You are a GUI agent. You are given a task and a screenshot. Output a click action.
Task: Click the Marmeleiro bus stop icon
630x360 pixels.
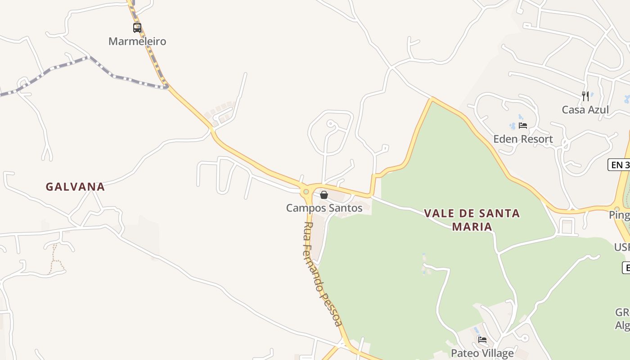(137, 28)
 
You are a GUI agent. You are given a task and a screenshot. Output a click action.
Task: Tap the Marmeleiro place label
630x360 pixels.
(137, 41)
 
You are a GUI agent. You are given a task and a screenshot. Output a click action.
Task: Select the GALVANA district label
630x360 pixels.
(75, 187)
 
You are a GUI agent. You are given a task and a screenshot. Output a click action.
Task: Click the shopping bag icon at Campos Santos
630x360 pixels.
(324, 195)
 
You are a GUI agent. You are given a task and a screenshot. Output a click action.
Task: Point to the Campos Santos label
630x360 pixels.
(324, 208)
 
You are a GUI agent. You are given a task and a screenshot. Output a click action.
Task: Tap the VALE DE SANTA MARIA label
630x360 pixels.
(472, 220)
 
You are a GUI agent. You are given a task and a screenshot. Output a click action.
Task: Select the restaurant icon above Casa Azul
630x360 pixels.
(585, 96)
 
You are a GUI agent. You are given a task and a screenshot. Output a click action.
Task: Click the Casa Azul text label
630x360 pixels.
(585, 110)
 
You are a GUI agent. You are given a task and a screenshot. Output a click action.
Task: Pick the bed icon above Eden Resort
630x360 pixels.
(522, 126)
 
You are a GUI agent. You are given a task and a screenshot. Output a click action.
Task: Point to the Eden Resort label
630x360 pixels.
(523, 139)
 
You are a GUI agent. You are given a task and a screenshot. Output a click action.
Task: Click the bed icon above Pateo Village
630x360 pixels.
(482, 340)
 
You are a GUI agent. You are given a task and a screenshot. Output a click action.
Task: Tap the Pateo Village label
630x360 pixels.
(482, 353)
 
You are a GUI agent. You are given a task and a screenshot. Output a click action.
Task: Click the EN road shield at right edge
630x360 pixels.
(619, 165)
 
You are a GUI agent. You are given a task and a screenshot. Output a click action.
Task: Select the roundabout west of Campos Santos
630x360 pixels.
(306, 192)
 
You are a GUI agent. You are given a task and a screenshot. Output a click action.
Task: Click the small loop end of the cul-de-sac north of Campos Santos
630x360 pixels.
(330, 123)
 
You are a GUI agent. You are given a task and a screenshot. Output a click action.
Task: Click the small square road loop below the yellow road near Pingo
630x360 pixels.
(567, 226)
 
